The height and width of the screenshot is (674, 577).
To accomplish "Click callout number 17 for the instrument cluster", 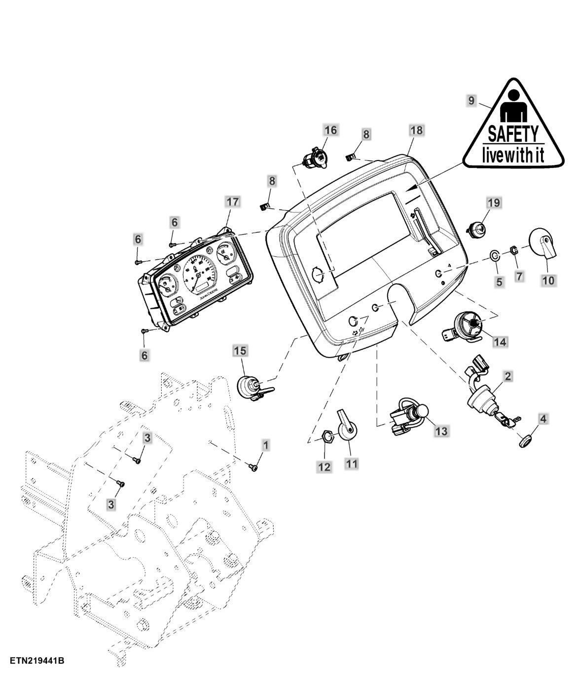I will point(232,201).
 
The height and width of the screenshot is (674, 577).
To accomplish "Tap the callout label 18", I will point(416,130).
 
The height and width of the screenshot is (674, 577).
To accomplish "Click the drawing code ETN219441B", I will point(36,661).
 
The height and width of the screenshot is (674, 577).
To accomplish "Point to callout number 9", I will point(471,100).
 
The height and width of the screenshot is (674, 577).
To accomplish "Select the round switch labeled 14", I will point(469,326).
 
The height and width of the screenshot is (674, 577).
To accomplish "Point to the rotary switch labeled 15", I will point(251,387).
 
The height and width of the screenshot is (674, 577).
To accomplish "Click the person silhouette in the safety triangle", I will point(512,106).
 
